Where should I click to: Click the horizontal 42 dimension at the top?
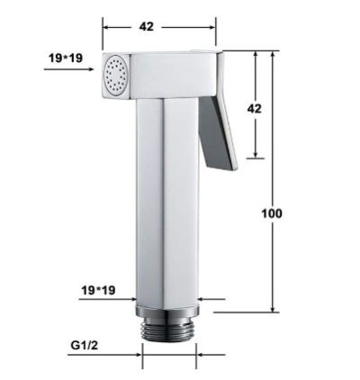point(146,27)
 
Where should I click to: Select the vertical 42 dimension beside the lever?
point(254,108)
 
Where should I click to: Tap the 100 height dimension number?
point(272,213)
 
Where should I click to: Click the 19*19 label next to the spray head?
point(66,58)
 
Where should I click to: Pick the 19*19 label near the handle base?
point(98,290)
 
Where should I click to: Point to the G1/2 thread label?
point(85,346)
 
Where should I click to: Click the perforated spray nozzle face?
point(116,76)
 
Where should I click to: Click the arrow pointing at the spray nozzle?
point(68,69)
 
